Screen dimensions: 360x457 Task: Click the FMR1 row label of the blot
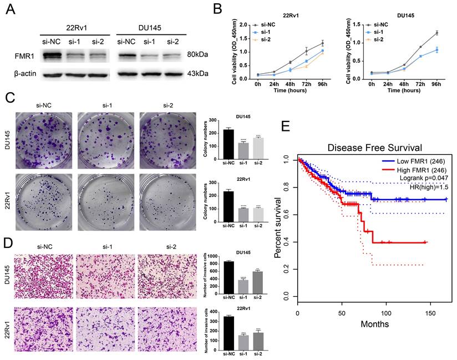pyautogui.click(x=26, y=55)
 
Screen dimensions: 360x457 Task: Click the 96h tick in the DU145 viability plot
pyautogui.click(x=438, y=84)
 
